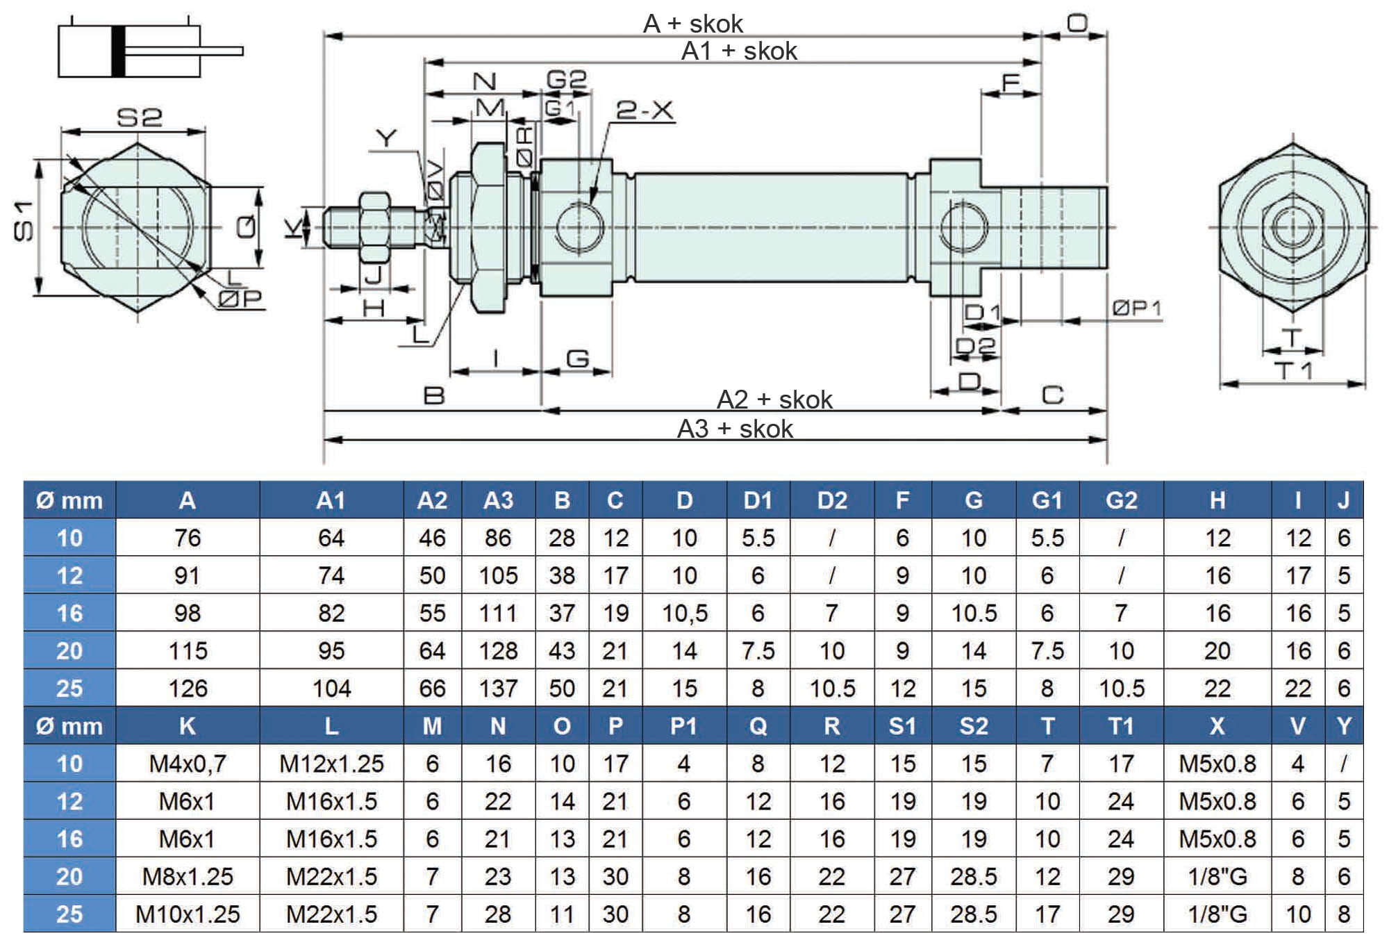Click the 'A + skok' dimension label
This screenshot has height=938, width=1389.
(x=692, y=24)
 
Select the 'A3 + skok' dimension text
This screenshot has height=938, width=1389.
(x=735, y=429)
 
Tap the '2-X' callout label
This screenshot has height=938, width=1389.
(x=644, y=110)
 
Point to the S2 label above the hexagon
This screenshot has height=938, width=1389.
(x=139, y=117)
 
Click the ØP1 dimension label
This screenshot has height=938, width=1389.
(x=1136, y=308)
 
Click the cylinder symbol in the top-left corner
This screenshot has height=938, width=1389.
(x=149, y=51)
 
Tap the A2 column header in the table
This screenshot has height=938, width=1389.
(x=432, y=500)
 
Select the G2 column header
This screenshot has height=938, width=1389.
(x=1121, y=500)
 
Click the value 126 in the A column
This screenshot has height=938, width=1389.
(x=188, y=689)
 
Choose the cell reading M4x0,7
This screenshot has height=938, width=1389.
(x=188, y=764)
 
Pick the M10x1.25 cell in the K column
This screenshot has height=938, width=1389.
(x=188, y=914)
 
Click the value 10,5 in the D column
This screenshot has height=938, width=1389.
(x=684, y=614)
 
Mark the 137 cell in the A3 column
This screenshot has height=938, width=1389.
(x=498, y=689)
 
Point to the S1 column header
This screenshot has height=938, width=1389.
(x=902, y=726)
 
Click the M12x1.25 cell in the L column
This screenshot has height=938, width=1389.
(x=331, y=764)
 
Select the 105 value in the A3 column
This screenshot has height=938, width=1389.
(x=498, y=576)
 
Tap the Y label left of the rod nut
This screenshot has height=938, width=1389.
(x=386, y=138)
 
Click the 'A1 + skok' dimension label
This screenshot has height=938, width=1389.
(x=739, y=51)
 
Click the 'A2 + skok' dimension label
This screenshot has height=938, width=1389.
(x=774, y=400)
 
